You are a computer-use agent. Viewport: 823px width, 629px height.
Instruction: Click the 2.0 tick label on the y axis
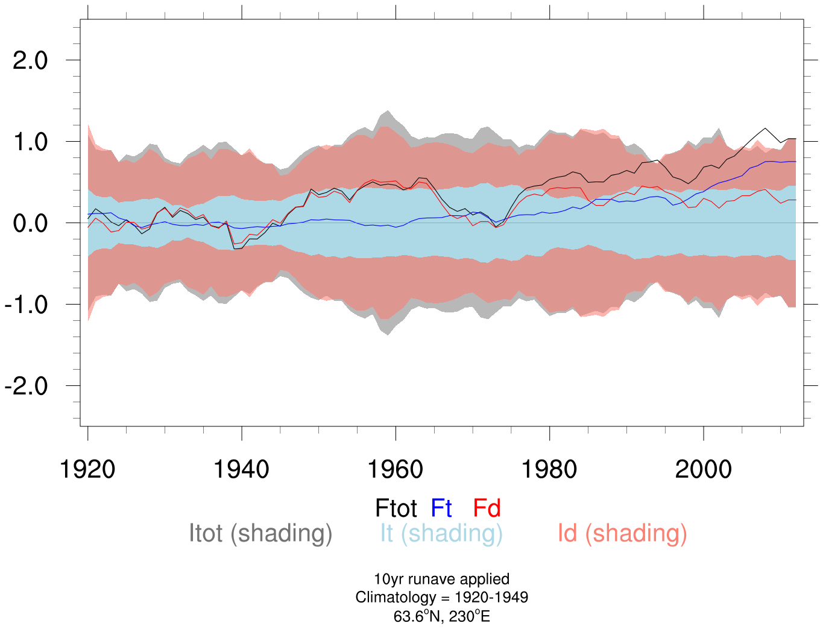click(30, 60)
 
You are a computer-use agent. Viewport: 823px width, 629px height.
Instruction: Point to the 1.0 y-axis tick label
click(30, 142)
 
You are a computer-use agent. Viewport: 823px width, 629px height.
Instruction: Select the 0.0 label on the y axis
click(30, 224)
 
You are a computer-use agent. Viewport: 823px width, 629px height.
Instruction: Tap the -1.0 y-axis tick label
click(26, 305)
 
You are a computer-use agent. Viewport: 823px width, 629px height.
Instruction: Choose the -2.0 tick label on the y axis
click(26, 387)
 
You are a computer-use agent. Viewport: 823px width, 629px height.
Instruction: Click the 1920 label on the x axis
click(88, 469)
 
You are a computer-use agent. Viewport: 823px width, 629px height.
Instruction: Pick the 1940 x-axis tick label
click(242, 469)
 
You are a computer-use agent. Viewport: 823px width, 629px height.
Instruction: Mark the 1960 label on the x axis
click(396, 469)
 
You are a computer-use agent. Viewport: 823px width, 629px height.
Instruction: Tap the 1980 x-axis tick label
click(549, 469)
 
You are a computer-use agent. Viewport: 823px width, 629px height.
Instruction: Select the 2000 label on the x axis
click(704, 469)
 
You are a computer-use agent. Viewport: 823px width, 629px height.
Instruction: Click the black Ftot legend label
click(396, 508)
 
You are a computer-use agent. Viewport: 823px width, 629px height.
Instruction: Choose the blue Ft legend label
click(441, 508)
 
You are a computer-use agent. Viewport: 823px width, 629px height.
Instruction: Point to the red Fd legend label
click(487, 508)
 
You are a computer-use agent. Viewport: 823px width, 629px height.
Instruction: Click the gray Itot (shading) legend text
click(260, 534)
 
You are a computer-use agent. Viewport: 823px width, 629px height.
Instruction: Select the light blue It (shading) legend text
click(441, 534)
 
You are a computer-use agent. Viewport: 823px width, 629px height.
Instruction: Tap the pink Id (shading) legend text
click(622, 534)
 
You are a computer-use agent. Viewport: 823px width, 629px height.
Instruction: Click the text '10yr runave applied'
click(441, 579)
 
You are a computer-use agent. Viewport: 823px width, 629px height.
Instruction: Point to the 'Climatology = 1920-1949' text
click(441, 598)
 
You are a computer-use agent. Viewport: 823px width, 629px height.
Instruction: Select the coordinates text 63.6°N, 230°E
click(441, 616)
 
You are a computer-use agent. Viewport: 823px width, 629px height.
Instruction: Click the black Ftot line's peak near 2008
click(765, 128)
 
